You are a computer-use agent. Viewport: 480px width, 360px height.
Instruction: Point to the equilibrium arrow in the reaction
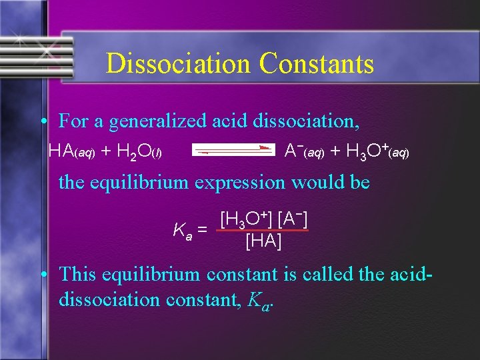(x=233, y=151)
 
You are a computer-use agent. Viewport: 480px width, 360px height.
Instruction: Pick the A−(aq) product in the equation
(x=304, y=151)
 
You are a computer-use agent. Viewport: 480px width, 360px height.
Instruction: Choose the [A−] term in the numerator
(x=293, y=219)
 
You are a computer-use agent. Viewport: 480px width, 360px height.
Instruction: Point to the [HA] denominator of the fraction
(x=263, y=241)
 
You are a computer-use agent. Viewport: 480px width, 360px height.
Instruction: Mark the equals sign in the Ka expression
(x=202, y=230)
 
